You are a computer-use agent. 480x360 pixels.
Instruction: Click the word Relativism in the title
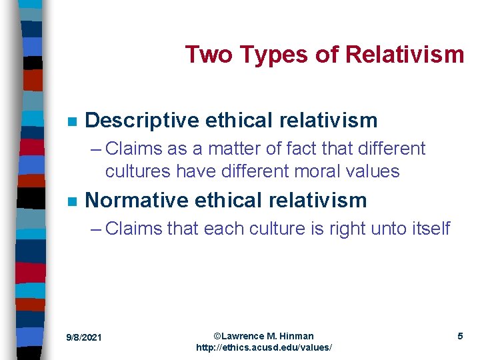pos(405,55)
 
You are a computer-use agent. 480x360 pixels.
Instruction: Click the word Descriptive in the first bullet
pos(142,120)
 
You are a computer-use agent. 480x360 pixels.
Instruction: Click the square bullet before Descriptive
pos(72,121)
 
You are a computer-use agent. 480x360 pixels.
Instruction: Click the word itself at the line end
pos(431,229)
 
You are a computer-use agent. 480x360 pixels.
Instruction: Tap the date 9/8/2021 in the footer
pos(84,337)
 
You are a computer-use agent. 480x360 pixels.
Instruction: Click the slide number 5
pos(460,336)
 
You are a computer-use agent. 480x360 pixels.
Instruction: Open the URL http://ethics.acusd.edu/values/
pos(264,348)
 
